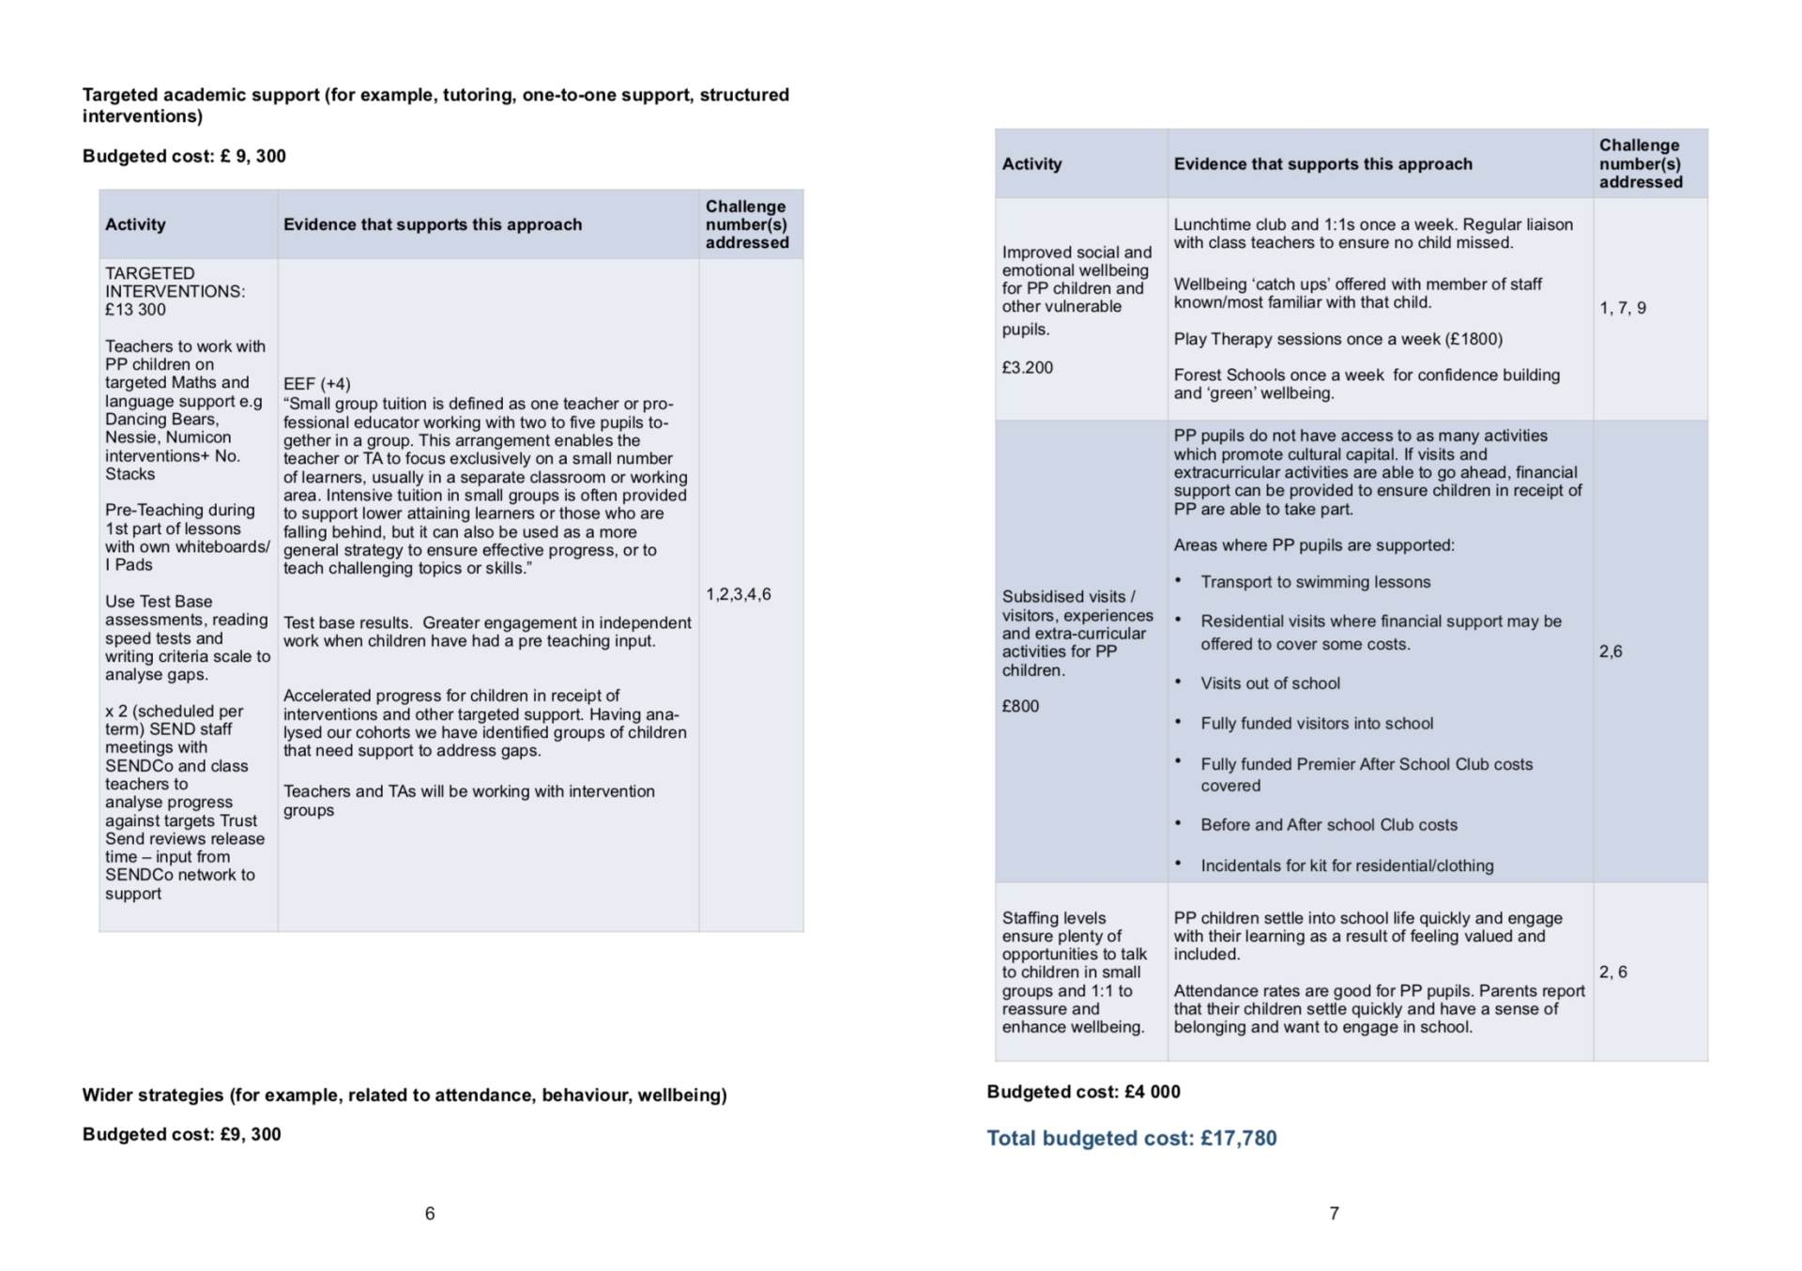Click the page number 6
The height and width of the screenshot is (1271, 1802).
click(430, 1214)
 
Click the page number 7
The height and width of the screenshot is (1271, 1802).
click(1334, 1214)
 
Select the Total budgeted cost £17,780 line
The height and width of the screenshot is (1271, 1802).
click(1131, 1139)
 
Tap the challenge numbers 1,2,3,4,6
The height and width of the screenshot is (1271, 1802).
click(739, 594)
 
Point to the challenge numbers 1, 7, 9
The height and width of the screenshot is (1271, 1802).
click(1623, 308)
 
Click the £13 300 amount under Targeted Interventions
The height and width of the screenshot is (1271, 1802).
click(135, 310)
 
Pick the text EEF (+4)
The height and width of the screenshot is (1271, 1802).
click(317, 384)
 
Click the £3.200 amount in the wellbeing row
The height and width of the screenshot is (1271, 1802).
click(1028, 368)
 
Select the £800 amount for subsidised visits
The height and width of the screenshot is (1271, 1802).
click(1020, 706)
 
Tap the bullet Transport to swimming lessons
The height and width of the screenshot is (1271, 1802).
click(1315, 582)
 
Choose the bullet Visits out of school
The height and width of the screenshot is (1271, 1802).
click(1270, 683)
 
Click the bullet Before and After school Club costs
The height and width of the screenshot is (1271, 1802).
click(1329, 825)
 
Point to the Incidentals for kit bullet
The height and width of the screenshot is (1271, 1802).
click(1347, 865)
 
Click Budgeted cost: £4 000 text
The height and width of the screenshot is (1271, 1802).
click(1083, 1092)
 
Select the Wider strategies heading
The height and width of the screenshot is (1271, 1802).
click(405, 1095)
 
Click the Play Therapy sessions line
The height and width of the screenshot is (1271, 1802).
click(1337, 339)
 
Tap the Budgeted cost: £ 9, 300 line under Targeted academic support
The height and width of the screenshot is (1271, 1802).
click(184, 156)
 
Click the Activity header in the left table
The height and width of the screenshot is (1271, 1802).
click(135, 224)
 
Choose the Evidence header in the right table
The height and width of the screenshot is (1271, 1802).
click(1322, 164)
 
